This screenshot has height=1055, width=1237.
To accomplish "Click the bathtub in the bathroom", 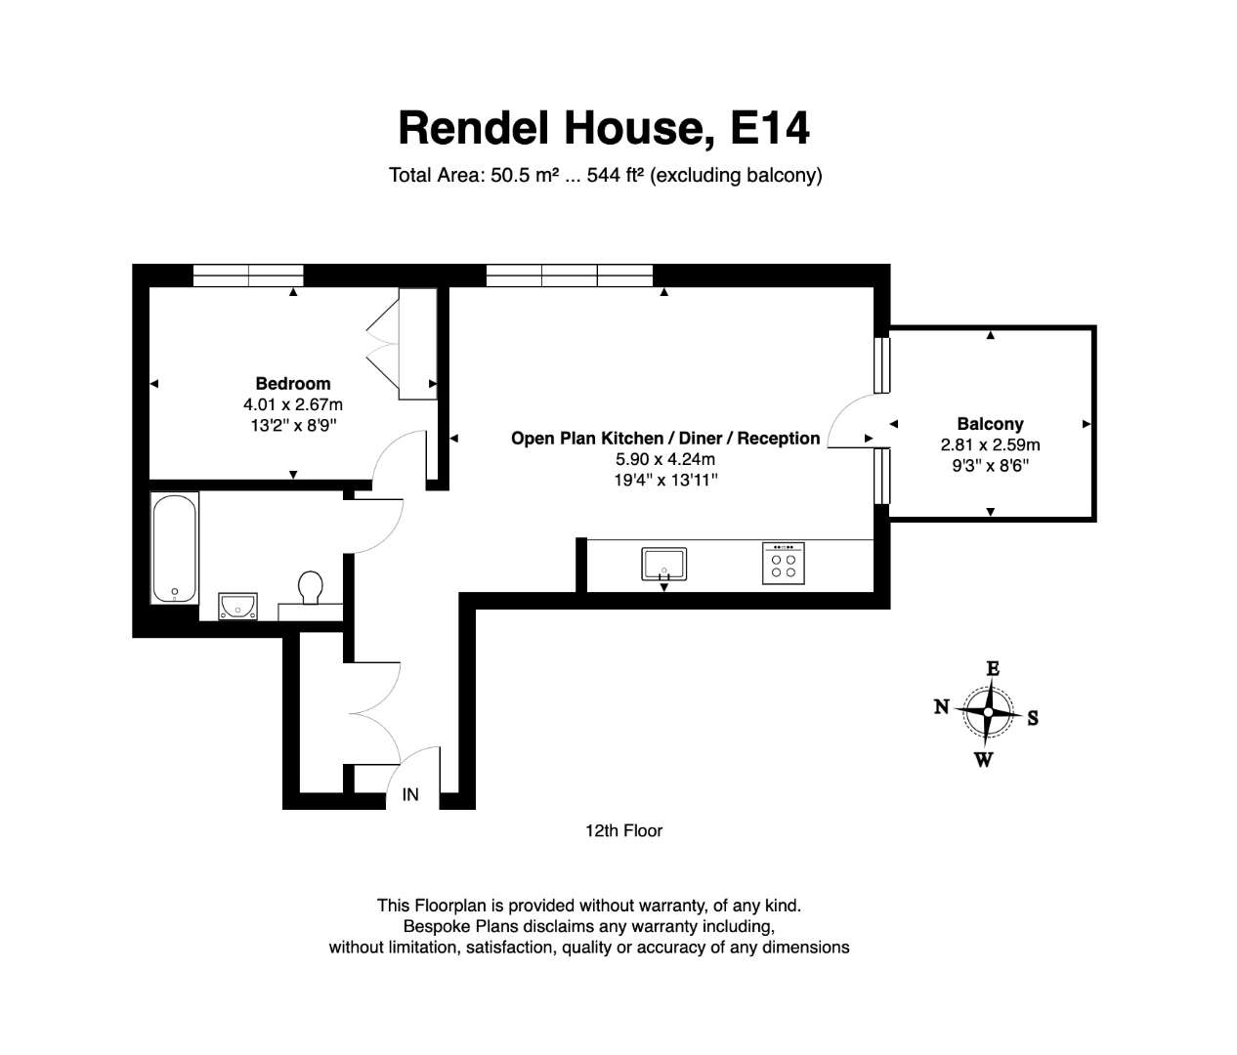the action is point(174,548).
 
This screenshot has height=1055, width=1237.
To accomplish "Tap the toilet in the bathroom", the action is point(310,588).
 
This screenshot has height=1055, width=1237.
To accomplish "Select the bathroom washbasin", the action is point(237,607).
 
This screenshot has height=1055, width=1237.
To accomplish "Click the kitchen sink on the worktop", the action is point(663,564).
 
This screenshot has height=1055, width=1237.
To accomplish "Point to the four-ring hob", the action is point(784,563).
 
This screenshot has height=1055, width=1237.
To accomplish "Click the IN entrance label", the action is point(410,794).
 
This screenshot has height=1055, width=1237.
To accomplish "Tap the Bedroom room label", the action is point(293,383).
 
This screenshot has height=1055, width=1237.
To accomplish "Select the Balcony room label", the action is point(991,424).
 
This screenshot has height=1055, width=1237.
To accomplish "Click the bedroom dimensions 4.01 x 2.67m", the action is point(293,404).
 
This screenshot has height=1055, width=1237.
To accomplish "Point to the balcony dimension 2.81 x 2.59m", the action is point(991,444).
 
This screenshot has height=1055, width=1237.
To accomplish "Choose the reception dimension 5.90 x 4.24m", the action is point(665,459).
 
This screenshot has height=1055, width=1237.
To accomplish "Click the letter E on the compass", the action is point(993,668).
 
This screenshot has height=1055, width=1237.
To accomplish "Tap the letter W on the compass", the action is point(984,760).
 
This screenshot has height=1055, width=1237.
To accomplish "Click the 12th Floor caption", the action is point(623,830).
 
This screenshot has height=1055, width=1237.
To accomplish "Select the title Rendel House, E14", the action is point(604,127).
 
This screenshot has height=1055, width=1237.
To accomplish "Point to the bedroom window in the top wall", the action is point(248,275).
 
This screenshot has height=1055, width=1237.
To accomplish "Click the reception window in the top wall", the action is point(569,275).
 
